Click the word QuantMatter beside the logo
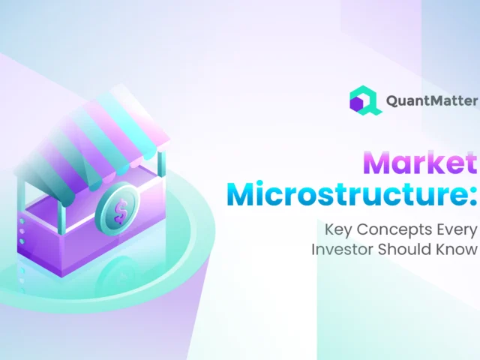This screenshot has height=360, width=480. click(430, 101)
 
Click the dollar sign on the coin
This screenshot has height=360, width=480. click(119, 211)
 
